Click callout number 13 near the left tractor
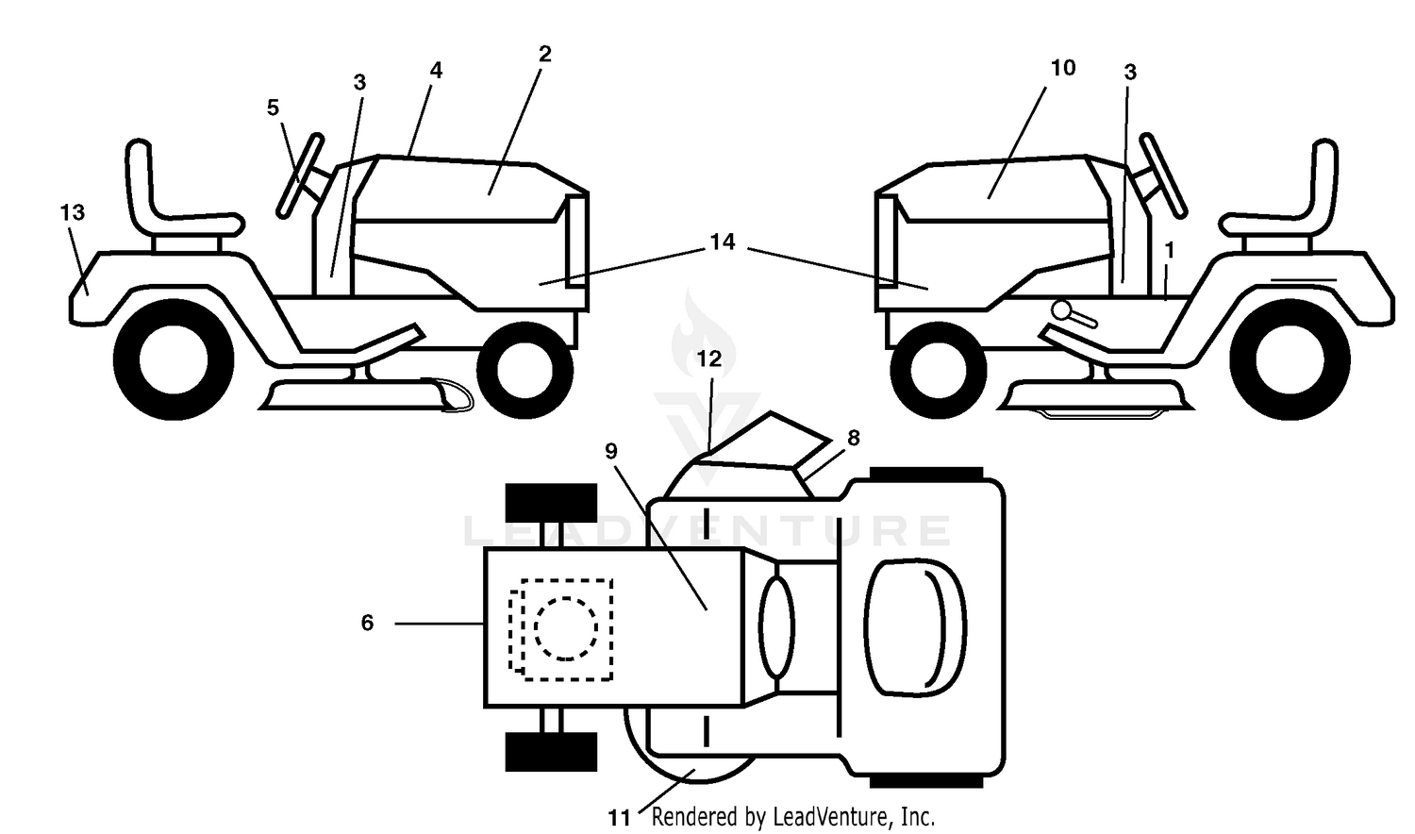[x=72, y=212]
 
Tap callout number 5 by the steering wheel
[x=273, y=108]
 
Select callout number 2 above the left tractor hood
[x=544, y=54]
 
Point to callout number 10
[x=1062, y=68]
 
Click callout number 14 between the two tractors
[x=723, y=242]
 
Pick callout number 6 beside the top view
[x=367, y=623]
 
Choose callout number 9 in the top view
[x=610, y=451]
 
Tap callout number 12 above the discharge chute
[x=708, y=359]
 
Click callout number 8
[x=854, y=437]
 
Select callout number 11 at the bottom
[x=619, y=818]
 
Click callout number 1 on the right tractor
[x=1169, y=251]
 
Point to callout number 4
[x=436, y=70]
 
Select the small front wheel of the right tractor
[x=938, y=370]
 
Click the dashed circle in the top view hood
[x=565, y=628]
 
